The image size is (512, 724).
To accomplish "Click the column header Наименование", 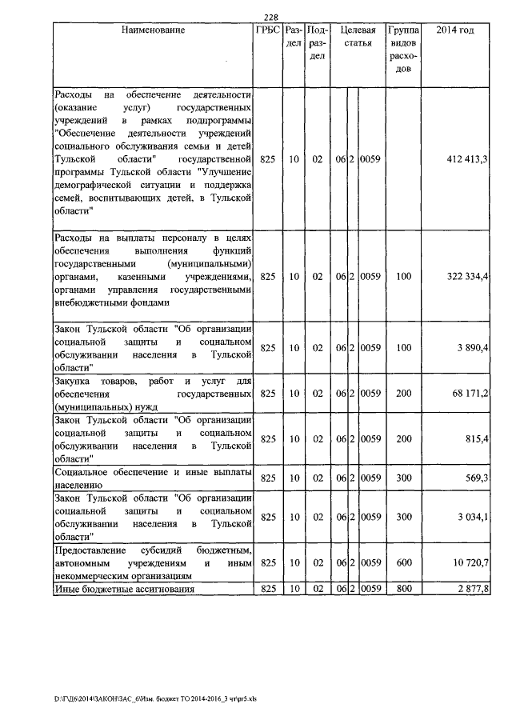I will point(154,30).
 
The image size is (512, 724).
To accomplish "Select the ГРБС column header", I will point(268,30).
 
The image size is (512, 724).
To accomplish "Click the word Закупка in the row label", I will point(74,381).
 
